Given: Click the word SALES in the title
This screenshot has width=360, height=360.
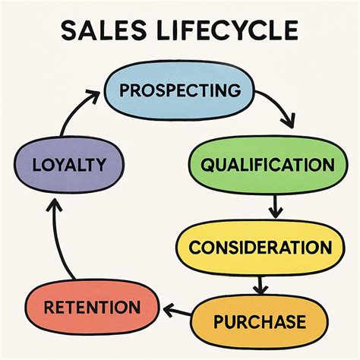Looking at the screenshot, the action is [104, 30].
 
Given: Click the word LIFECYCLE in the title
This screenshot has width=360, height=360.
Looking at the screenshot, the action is [227, 30].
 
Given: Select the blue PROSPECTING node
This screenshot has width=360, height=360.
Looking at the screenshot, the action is [179, 90].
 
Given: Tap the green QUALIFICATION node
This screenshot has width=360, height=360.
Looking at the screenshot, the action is [268, 165].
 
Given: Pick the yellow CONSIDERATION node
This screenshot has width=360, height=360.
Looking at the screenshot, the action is [261, 248].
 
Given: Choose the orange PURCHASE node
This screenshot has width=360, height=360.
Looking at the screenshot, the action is [260, 322].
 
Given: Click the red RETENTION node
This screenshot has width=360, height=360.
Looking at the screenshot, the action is [92, 307].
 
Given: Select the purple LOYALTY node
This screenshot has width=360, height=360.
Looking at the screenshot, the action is [69, 165].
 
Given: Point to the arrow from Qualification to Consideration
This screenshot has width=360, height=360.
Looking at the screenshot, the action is [276, 207].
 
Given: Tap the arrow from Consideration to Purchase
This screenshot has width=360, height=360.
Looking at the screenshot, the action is [261, 286].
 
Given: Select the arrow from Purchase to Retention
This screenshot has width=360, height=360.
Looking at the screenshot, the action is [177, 311].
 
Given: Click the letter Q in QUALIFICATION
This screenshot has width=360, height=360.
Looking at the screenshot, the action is [207, 166].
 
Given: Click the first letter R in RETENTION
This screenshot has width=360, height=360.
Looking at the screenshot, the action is [50, 307].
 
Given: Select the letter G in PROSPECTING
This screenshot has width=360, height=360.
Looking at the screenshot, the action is [234, 90].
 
